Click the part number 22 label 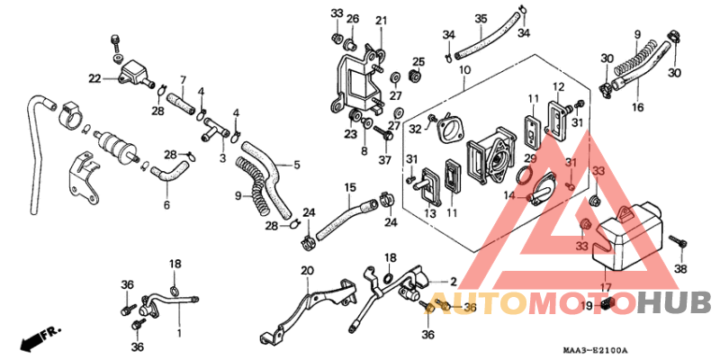pyautogui.click(x=94, y=79)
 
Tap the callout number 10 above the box pyautogui.click(x=464, y=71)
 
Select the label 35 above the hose pyautogui.click(x=481, y=19)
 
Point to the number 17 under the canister pyautogui.click(x=606, y=288)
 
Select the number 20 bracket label pyautogui.click(x=307, y=271)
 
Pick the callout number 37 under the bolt pyautogui.click(x=384, y=160)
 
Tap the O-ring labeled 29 pyautogui.click(x=525, y=175)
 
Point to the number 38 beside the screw pyautogui.click(x=680, y=269)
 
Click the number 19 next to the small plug pyautogui.click(x=587, y=306)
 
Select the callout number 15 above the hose pyautogui.click(x=350, y=188)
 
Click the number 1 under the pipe pyautogui.click(x=179, y=332)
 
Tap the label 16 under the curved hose pyautogui.click(x=637, y=107)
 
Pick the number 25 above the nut pyautogui.click(x=418, y=62)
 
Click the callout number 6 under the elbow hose pyautogui.click(x=166, y=205)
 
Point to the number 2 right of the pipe pyautogui.click(x=454, y=281)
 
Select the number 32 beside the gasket pyautogui.click(x=415, y=130)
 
